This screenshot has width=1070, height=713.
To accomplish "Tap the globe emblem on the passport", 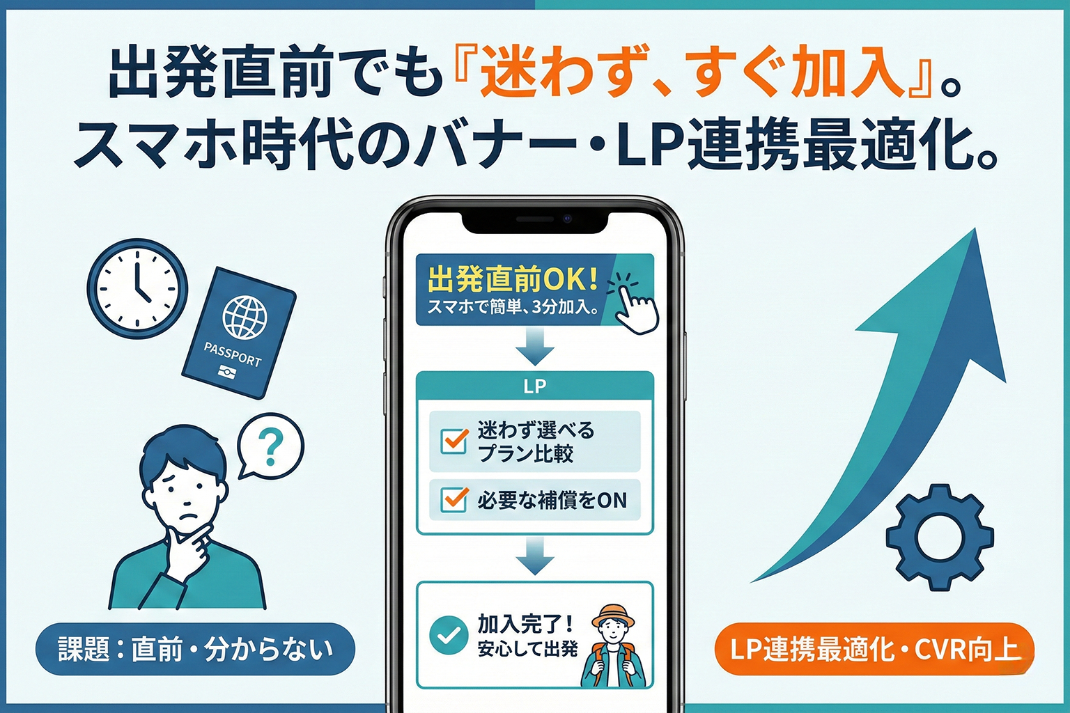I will pos(245,317).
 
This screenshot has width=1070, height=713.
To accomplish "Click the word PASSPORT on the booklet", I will pos(232,354).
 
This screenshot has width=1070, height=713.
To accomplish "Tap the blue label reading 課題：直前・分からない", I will pos(195,649).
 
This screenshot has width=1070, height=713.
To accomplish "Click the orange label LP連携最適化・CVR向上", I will pos(874,649).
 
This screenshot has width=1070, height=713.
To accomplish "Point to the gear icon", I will pos(939,538).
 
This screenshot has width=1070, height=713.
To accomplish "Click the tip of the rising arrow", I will pos(975,234).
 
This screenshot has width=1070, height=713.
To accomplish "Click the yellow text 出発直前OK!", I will pos(513,279).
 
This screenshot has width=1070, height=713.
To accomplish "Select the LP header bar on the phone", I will pos(534,386).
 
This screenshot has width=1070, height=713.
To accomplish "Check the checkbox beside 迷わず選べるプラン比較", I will pos(455,441).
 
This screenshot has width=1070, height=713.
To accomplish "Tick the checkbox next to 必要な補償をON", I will pos(455,499).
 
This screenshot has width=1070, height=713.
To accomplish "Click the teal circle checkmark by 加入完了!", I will pos(449,635).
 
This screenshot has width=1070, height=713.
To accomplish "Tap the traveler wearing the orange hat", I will pos(614,648).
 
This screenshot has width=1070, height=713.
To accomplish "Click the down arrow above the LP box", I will pos(534,346).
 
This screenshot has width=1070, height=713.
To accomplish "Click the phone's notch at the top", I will pos(534,221).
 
